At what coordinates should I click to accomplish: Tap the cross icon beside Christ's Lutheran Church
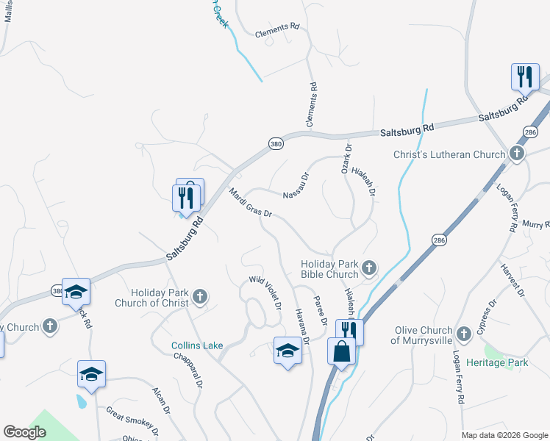517,154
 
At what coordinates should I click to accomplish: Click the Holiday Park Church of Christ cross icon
199,298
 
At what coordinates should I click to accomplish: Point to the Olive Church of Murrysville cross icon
463,334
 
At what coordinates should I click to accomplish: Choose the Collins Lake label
197,345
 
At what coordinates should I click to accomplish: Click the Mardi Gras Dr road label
251,204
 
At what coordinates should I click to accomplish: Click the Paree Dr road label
319,310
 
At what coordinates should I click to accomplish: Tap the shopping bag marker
343,350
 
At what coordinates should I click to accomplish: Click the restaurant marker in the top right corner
525,76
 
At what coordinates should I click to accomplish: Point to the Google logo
24,432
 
